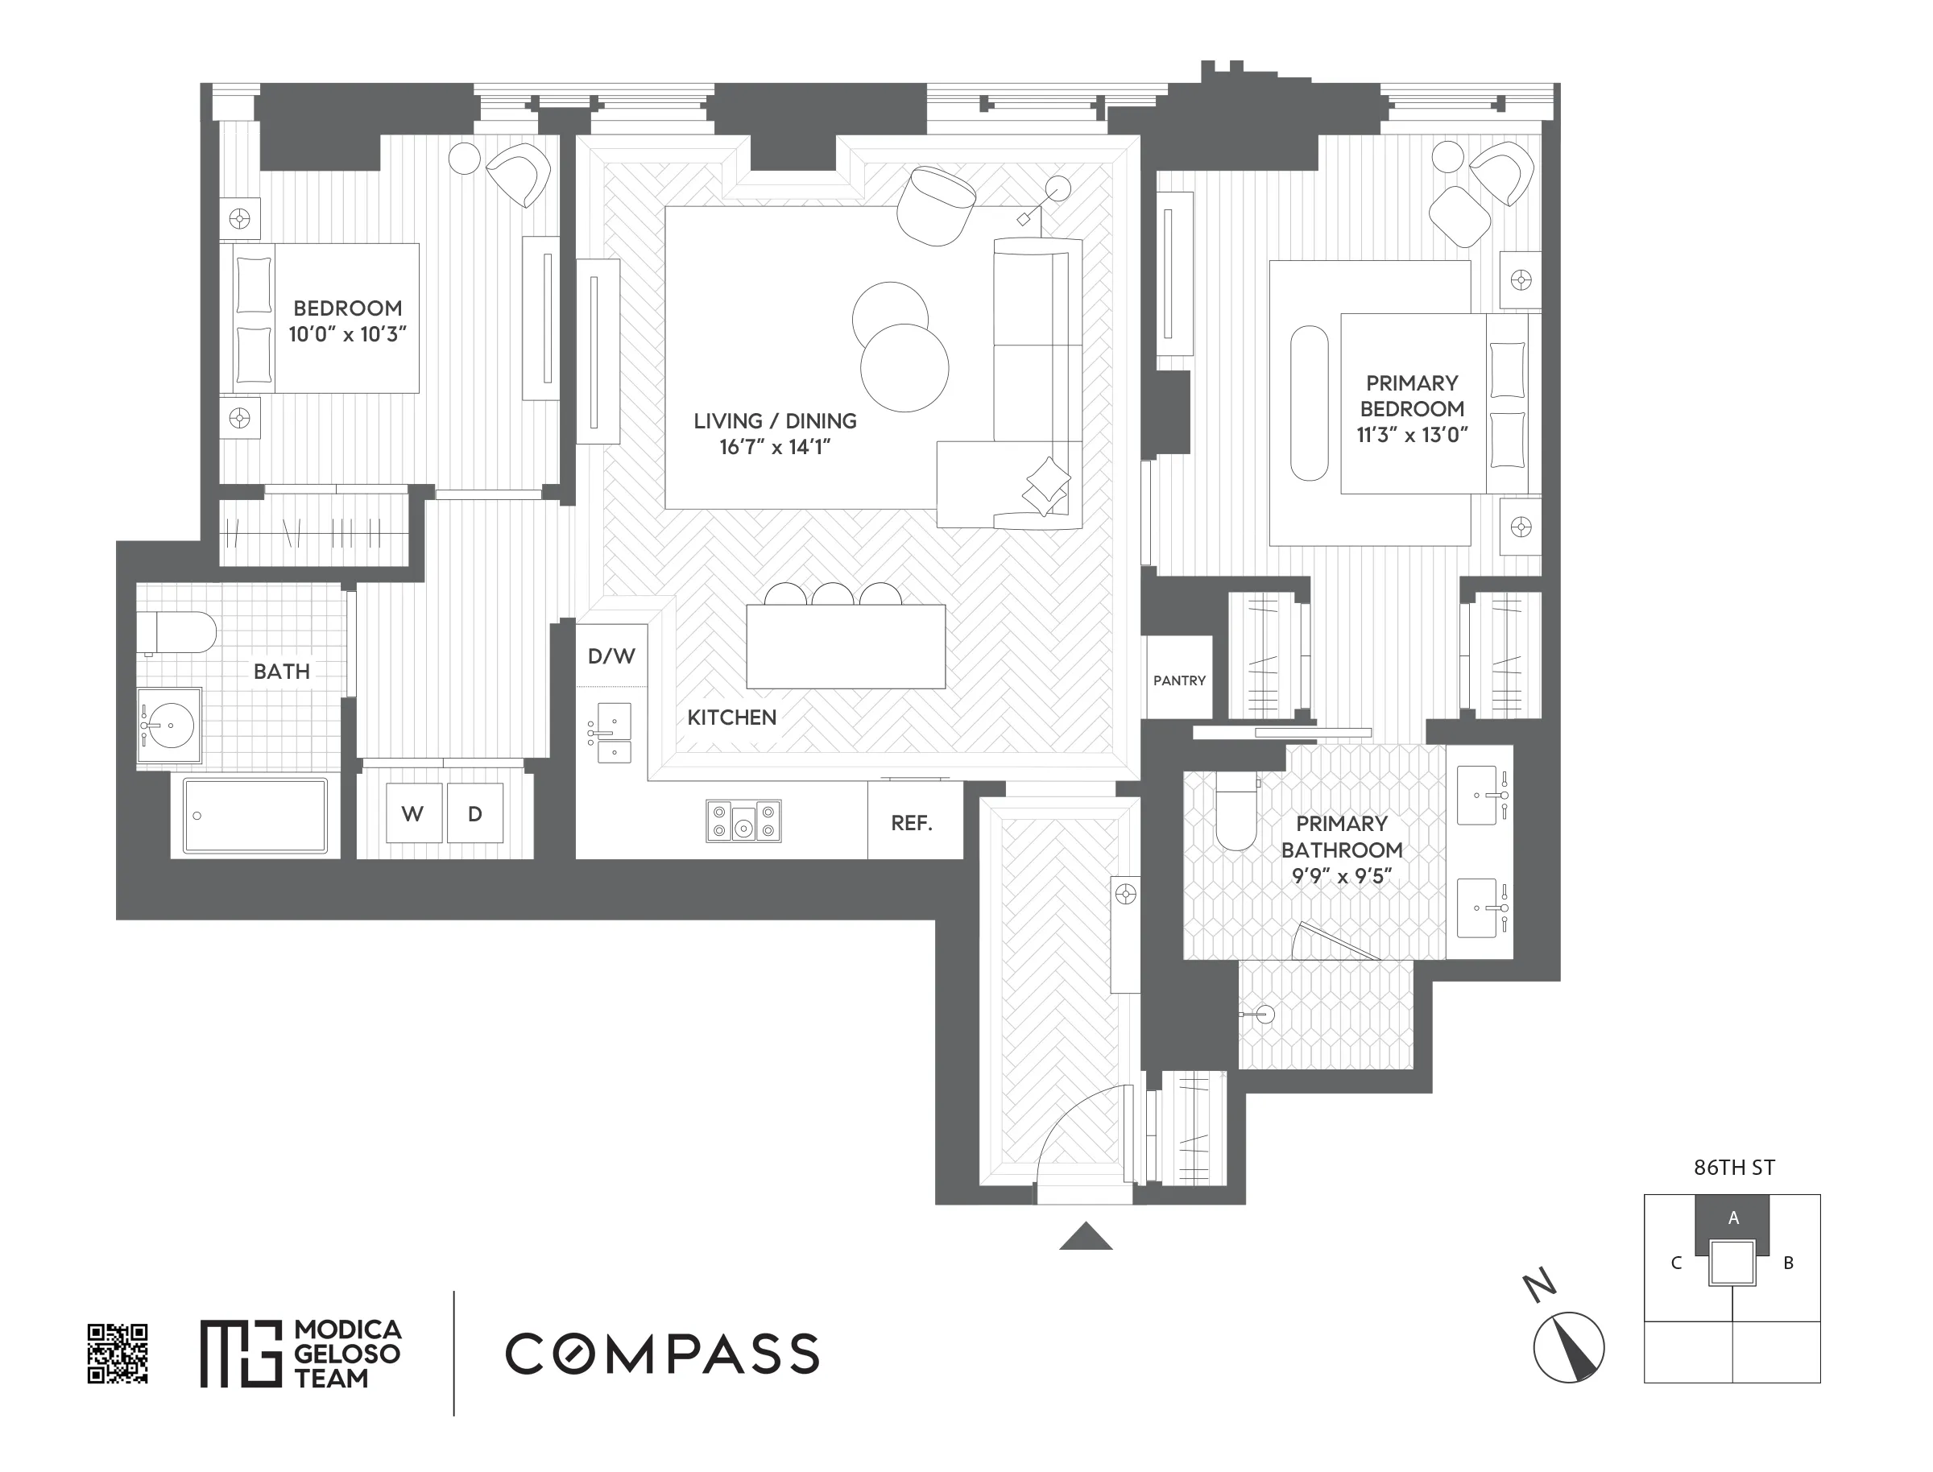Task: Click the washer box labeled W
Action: (412, 813)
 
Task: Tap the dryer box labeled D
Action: (475, 813)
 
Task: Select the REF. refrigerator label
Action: (911, 823)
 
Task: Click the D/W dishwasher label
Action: (611, 655)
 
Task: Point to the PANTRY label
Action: (1178, 680)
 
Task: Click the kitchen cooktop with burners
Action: (743, 821)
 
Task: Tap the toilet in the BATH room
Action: (178, 632)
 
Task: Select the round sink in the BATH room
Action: (169, 726)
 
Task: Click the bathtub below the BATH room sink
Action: (255, 815)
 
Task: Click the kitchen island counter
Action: (846, 646)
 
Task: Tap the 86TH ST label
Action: (1733, 1167)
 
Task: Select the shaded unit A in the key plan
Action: (1732, 1217)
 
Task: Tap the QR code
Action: (118, 1354)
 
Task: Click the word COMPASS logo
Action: (661, 1354)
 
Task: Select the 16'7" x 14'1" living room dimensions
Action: (775, 447)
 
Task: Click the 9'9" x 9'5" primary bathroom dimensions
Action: (1341, 875)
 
